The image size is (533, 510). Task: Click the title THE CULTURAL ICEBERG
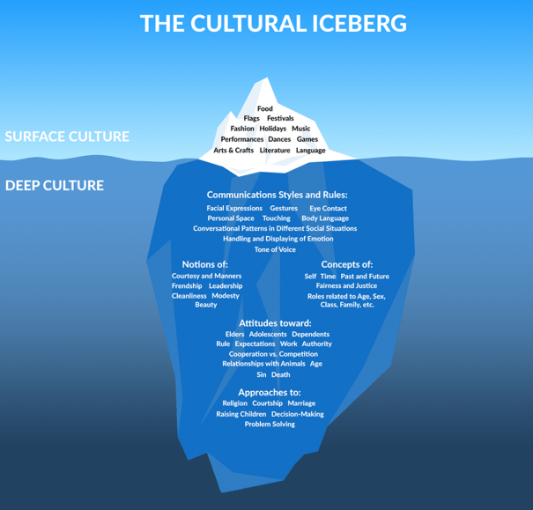[x=273, y=23]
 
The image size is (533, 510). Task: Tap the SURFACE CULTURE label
[x=67, y=137]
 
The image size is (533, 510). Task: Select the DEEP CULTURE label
[x=55, y=185]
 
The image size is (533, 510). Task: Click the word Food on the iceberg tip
[x=265, y=108]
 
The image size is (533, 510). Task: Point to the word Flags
[x=251, y=118]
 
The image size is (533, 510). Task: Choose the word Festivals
[x=280, y=118]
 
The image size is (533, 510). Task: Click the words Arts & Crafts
[x=233, y=151]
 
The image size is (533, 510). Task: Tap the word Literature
[x=275, y=151]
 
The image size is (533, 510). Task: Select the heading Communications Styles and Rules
[x=277, y=194]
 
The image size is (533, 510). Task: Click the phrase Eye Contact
[x=328, y=209]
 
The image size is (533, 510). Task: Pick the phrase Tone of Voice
[x=275, y=249]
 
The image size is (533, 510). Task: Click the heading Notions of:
[x=205, y=264]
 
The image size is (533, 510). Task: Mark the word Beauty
[x=206, y=305]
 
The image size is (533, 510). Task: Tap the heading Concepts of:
[x=346, y=264]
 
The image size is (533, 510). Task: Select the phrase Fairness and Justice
[x=346, y=286]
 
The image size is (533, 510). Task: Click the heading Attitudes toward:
[x=275, y=323]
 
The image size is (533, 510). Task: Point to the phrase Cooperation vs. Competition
[x=273, y=354]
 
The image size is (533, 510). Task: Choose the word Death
[x=280, y=374]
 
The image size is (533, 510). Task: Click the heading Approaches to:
[x=270, y=393]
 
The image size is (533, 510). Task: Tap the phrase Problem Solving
[x=270, y=425]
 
